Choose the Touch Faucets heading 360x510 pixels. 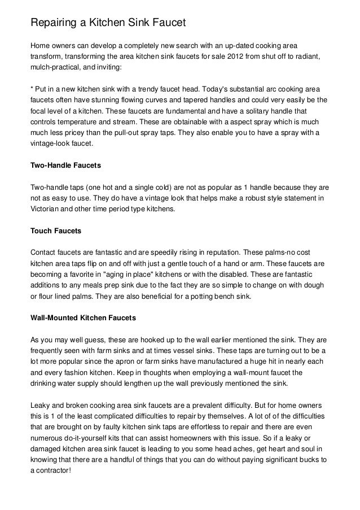point(56,231)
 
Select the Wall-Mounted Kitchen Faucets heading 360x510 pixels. point(83,319)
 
